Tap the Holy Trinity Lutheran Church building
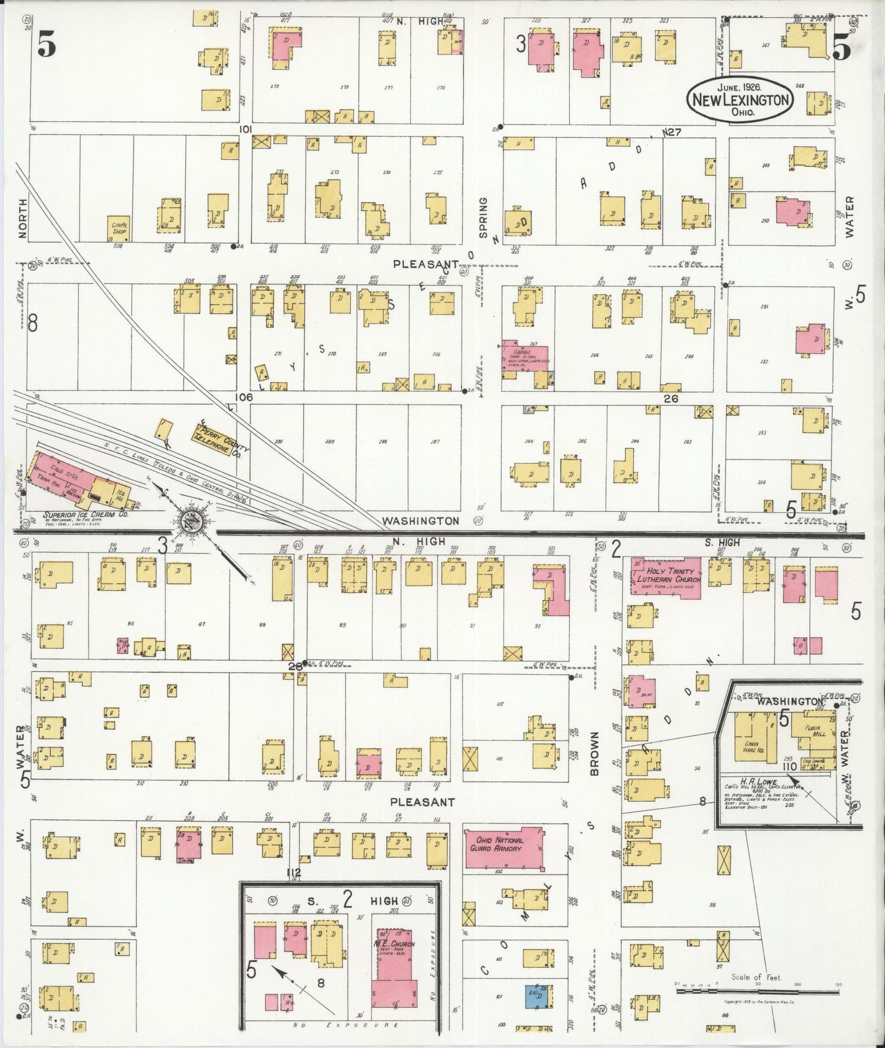[x=665, y=577]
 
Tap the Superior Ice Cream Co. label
[x=73, y=515]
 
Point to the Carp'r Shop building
[x=119, y=229]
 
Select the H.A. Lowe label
[x=759, y=783]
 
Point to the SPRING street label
[x=483, y=218]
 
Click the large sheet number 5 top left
[x=47, y=44]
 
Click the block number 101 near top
[x=246, y=129]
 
